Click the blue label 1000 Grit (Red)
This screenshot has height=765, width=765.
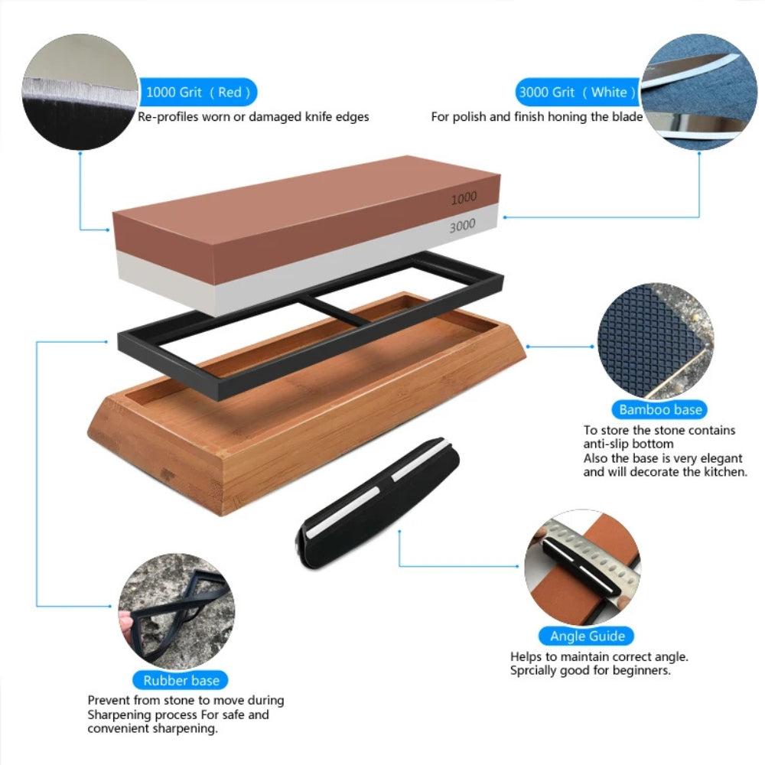coord(198,93)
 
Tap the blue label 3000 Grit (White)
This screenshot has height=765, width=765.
coord(577,93)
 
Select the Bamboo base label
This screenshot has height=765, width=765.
coord(660,410)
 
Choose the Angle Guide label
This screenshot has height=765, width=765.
coord(588,636)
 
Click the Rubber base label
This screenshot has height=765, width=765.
coord(181,680)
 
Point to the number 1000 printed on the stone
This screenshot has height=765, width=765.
coord(463,198)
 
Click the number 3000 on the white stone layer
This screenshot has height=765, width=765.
coord(462,225)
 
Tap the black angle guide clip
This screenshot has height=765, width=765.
coord(379,506)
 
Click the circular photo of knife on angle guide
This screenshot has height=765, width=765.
coord(582,567)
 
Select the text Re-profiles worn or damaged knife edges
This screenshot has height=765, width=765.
coord(253,117)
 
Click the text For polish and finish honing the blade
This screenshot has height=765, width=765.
coord(536,117)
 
